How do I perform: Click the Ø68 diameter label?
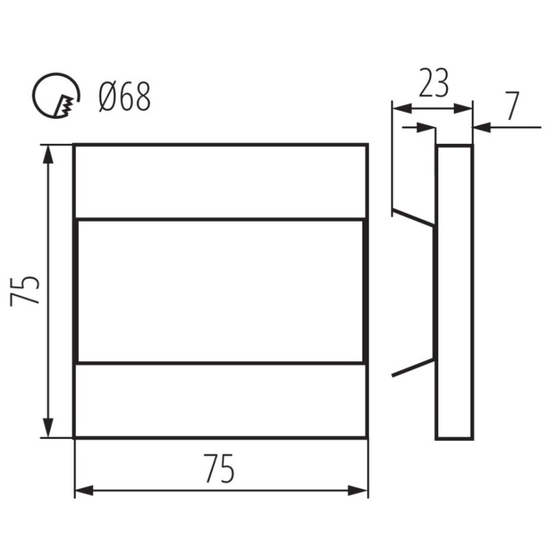(125, 97)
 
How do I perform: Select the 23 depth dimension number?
(433, 84)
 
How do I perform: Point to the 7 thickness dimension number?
(513, 106)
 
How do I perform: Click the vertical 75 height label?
(24, 291)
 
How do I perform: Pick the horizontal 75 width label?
(219, 468)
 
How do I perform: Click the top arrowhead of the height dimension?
(48, 154)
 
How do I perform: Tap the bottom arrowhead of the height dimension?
(48, 427)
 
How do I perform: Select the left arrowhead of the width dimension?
(84, 491)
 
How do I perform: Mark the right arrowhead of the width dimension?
(358, 491)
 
